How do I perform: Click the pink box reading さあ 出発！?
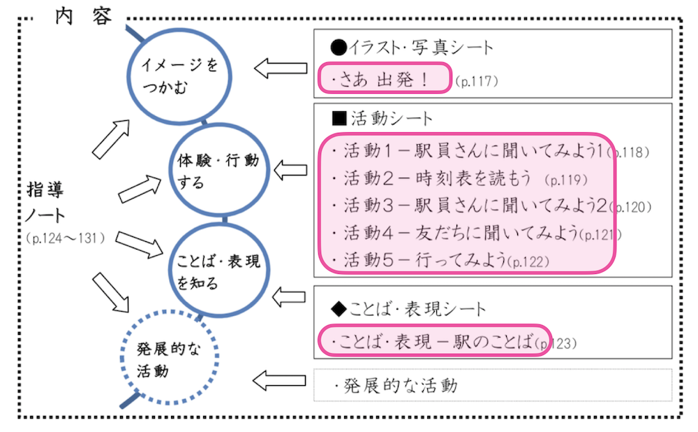[x=385, y=78]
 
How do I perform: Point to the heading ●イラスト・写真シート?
[x=412, y=48]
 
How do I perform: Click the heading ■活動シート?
[x=383, y=118]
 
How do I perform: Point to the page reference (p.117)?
[x=476, y=82]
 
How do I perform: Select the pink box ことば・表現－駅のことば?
[x=433, y=341]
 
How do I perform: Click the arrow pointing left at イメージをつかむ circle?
[x=280, y=69]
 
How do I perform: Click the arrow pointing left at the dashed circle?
[x=279, y=381]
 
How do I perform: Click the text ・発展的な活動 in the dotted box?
[x=395, y=385]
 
